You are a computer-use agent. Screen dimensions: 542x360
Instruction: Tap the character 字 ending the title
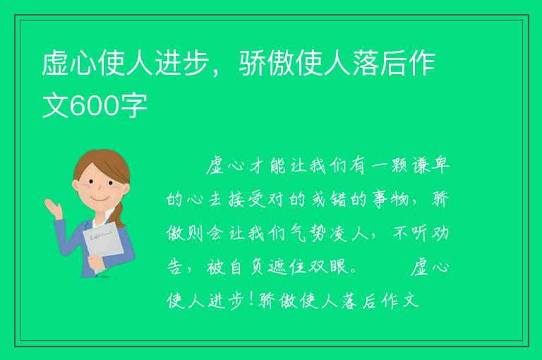pos(133,105)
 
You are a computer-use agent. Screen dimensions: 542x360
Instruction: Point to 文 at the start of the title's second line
pos(56,105)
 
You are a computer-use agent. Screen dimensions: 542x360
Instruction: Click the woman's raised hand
pos(54,208)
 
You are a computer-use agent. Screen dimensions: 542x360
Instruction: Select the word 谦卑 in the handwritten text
pos(430,165)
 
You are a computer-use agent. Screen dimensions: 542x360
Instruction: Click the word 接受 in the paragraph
pos(246,199)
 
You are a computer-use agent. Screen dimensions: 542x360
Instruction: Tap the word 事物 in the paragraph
pos(390,199)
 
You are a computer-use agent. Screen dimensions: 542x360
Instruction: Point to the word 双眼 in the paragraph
pos(327,267)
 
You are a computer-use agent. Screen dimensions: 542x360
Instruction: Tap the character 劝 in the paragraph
pos(440,233)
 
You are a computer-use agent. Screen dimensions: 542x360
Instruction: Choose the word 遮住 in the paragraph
pos(287,267)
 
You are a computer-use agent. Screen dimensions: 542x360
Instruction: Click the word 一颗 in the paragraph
pos(390,165)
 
